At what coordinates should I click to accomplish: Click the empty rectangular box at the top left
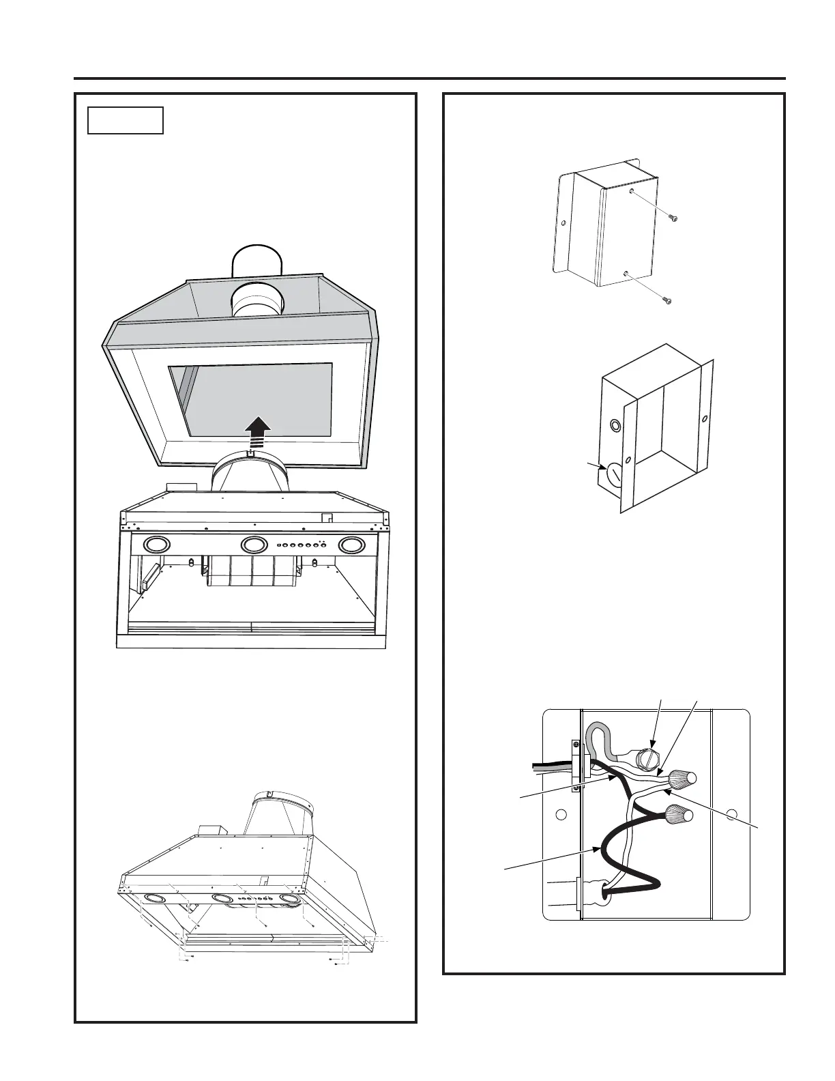point(126,120)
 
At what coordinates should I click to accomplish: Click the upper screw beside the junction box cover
point(675,218)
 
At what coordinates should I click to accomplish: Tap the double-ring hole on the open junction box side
point(616,426)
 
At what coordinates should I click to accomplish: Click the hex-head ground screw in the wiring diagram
point(645,759)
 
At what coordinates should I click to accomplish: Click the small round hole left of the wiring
point(561,814)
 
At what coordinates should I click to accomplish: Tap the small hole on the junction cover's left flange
point(563,222)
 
